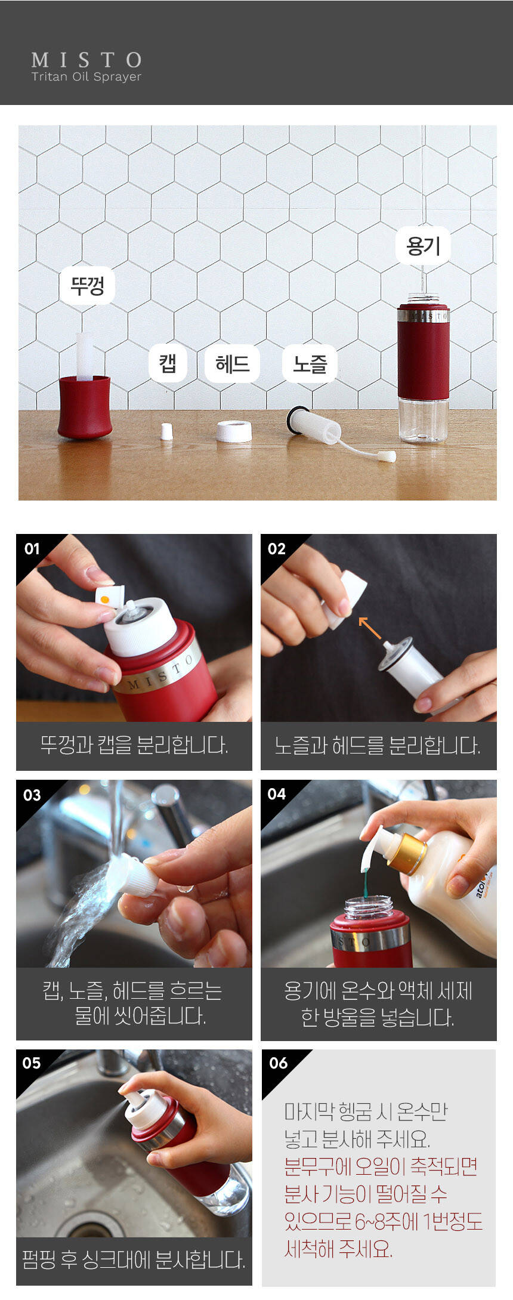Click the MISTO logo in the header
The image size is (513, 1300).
coord(86,60)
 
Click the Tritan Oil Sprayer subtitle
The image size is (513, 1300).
coord(86,77)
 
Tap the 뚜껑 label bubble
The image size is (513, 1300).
coord(87,286)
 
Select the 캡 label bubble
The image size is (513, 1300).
coord(168,363)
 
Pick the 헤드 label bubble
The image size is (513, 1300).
coord(232,363)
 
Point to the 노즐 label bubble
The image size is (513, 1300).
coord(310,363)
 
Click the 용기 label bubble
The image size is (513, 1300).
coord(423,245)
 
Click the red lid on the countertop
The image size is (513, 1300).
coord(85,407)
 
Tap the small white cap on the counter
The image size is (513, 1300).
coord(167,431)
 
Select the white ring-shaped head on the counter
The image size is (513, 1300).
coord(234,431)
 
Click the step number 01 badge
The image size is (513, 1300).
coord(32,549)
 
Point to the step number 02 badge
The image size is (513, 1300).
coord(277,549)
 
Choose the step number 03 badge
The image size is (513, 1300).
coord(32,795)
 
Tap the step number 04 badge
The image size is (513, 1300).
coord(277,794)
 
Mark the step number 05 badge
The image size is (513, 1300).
coord(32,1063)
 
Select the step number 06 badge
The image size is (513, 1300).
coord(279,1063)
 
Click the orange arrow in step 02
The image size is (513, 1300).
coord(369,628)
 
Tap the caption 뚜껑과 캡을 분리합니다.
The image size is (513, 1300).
coord(134,745)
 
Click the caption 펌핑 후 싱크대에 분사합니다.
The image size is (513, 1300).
coord(134,1259)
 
